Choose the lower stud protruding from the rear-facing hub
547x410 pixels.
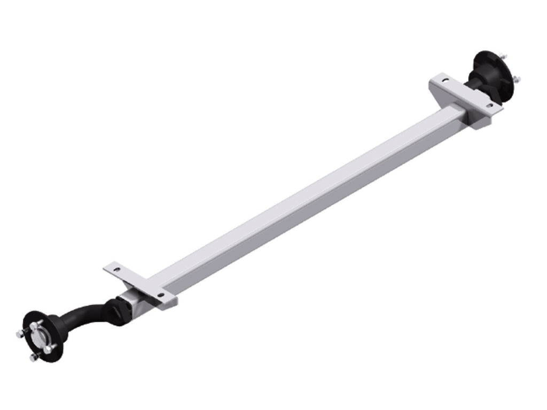click(x=517, y=81)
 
